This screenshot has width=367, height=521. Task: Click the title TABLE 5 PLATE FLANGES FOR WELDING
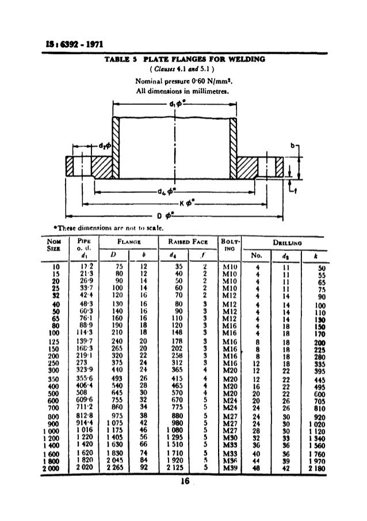[183, 59]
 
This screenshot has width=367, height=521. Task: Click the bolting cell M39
[231, 468]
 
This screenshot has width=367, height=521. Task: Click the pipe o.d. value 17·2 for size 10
[87, 267]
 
